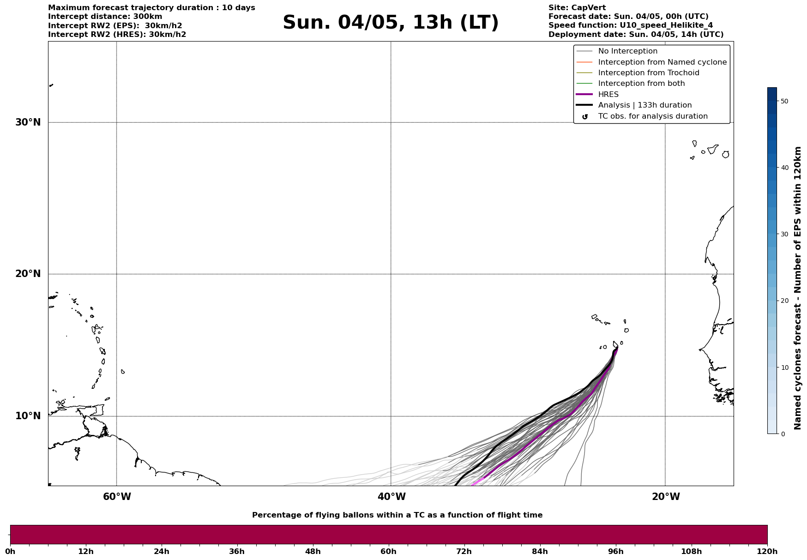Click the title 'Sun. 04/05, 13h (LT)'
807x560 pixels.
point(391,23)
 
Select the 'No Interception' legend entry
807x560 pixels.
point(627,51)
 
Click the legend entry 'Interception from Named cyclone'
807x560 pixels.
point(662,62)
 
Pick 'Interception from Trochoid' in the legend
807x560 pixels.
point(648,73)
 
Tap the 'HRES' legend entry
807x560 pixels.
point(608,95)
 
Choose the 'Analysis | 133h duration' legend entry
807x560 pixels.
point(644,105)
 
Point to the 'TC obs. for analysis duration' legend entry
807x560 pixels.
point(652,116)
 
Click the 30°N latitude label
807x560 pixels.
point(28,122)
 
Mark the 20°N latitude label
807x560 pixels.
point(28,274)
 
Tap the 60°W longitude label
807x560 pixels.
point(117,497)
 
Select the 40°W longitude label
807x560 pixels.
point(391,497)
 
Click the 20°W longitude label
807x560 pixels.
point(666,497)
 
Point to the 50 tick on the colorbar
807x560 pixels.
point(784,101)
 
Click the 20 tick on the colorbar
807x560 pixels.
point(784,301)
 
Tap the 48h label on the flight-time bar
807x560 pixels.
point(313,551)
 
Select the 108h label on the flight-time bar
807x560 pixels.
point(691,551)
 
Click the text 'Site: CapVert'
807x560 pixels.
point(577,8)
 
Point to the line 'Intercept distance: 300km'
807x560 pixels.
point(105,17)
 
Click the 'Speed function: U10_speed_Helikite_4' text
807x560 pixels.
point(630,25)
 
